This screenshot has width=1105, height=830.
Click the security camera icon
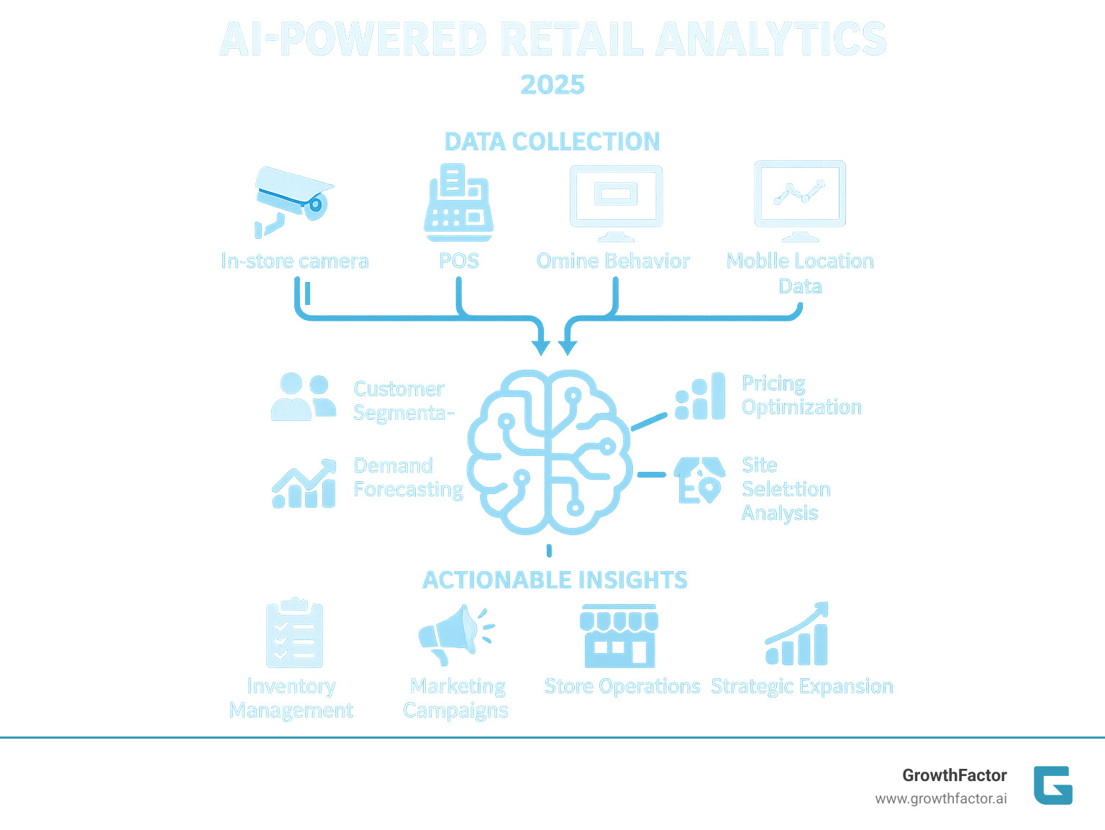(293, 201)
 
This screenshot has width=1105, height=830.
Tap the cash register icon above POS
(459, 203)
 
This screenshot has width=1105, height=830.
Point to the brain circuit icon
(550, 452)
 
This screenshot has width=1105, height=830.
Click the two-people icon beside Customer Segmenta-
(304, 396)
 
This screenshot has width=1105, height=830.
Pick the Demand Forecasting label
(408, 478)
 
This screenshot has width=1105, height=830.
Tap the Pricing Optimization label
(801, 395)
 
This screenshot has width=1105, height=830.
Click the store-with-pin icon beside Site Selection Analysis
(699, 480)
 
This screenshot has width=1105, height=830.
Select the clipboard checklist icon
(294, 634)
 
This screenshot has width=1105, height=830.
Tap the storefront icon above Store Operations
(619, 636)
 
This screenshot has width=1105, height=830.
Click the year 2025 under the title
(552, 85)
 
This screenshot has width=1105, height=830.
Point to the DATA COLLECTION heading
(552, 142)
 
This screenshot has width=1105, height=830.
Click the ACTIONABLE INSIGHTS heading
(555, 580)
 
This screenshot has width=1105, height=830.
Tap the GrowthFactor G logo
(1052, 785)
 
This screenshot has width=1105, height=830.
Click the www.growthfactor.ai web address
(940, 799)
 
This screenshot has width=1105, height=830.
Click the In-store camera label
(295, 261)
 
